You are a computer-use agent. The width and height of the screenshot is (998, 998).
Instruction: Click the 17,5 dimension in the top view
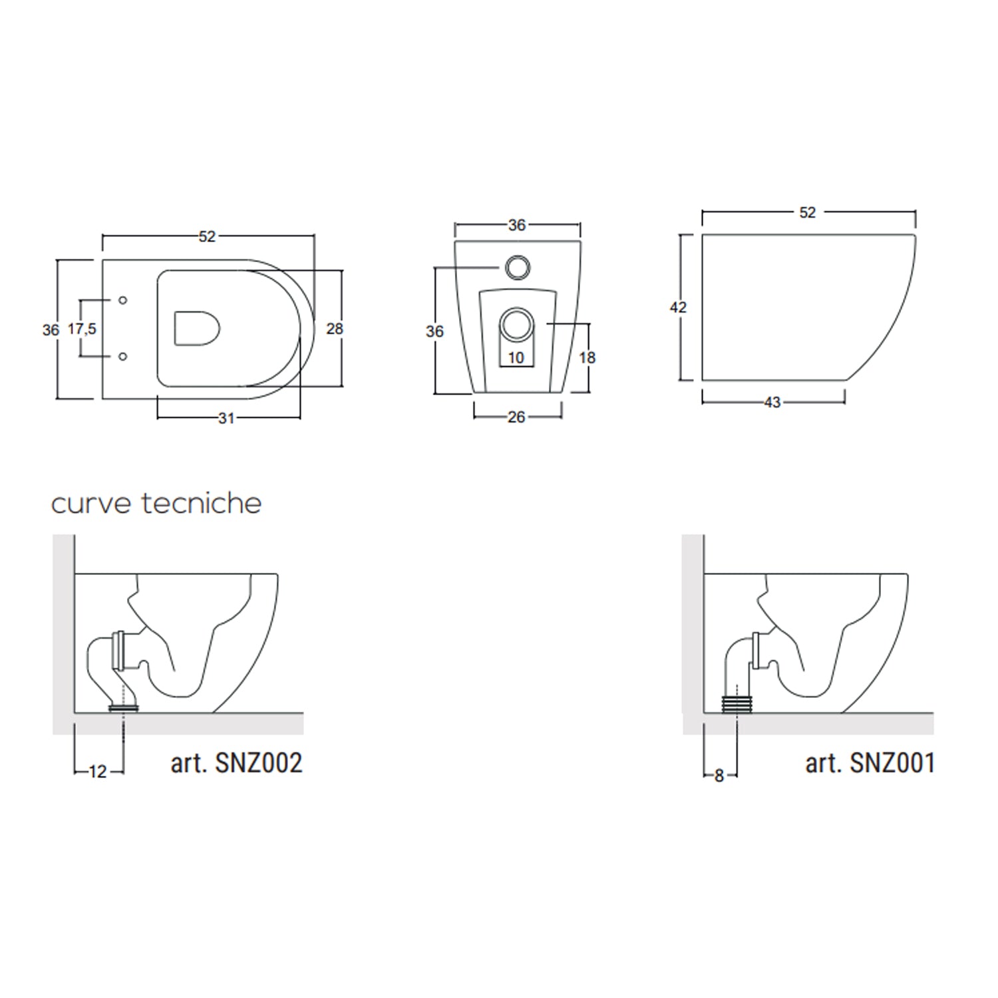coord(82,329)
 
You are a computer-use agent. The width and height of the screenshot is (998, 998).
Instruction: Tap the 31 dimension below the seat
coord(226,418)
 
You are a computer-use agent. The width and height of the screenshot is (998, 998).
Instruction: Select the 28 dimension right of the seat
coord(335,328)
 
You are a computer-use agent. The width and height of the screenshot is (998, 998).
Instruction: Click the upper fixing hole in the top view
coord(122,300)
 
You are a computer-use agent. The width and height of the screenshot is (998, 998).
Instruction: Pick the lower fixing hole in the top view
coord(122,357)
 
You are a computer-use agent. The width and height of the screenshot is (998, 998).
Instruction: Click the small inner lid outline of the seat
coord(196,329)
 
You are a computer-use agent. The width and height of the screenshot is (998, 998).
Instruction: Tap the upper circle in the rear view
coord(517,267)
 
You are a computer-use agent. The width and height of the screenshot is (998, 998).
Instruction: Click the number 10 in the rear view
coord(516,358)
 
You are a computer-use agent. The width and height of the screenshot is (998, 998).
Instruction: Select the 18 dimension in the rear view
coord(587,358)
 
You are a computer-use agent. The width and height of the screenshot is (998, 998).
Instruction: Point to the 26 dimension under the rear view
coord(516,417)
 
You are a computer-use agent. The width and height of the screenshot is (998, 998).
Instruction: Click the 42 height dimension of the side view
coord(678,307)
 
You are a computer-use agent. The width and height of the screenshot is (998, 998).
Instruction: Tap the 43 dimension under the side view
coord(772,403)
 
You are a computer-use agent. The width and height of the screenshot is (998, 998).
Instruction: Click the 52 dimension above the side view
coord(807,212)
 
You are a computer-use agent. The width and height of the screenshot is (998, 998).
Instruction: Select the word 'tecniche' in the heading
coord(202,504)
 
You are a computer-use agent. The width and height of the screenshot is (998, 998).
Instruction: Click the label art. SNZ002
coord(236,763)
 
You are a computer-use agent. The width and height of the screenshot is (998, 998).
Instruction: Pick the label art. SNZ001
coord(870,763)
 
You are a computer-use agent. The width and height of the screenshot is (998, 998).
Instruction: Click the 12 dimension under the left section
coord(98,772)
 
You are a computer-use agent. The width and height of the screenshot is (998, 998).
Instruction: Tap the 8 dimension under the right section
coord(719,776)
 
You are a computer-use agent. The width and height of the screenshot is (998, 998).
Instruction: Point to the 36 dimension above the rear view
coord(517,225)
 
